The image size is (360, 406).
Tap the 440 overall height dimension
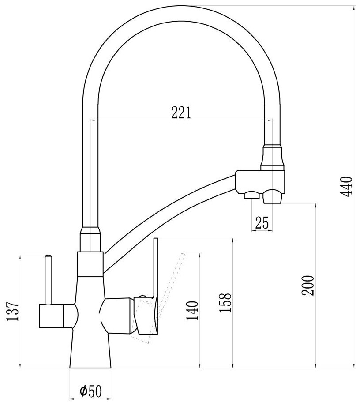pos(348,187)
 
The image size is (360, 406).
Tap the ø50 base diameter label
pos(91,391)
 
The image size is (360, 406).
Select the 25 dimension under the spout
pos(262,223)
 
